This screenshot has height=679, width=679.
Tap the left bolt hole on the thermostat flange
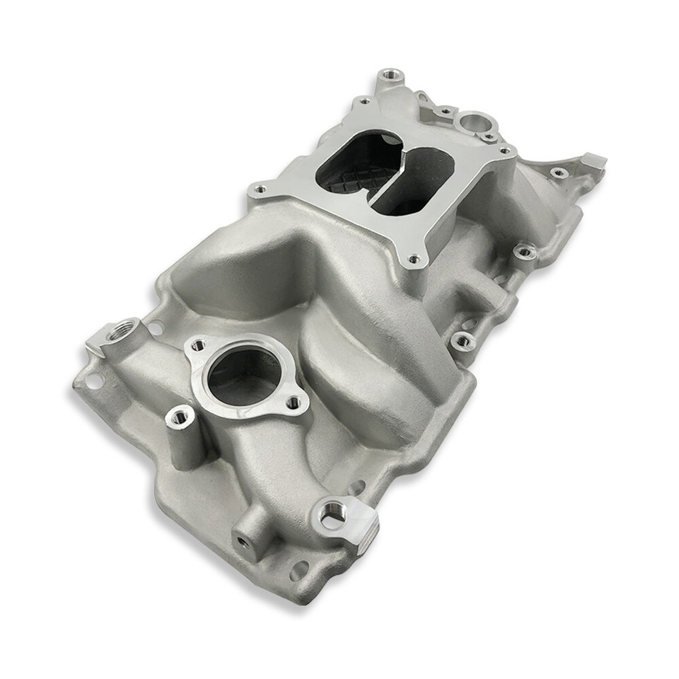pyautogui.click(x=199, y=345)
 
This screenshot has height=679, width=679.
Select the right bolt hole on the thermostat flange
pyautogui.click(x=294, y=403)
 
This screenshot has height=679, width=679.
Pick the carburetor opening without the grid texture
pyautogui.click(x=413, y=180)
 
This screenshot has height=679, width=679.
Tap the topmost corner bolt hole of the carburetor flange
pyautogui.click(x=364, y=102)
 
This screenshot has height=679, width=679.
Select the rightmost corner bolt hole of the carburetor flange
pyautogui.click(x=504, y=151)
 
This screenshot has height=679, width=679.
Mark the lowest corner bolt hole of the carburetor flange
pyautogui.click(x=414, y=259)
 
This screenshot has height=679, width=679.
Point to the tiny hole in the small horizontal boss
pyautogui.click(x=243, y=541)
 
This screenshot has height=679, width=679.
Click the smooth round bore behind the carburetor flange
pyautogui.click(x=472, y=122)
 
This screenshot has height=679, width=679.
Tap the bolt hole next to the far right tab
pyautogui.click(x=558, y=172)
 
